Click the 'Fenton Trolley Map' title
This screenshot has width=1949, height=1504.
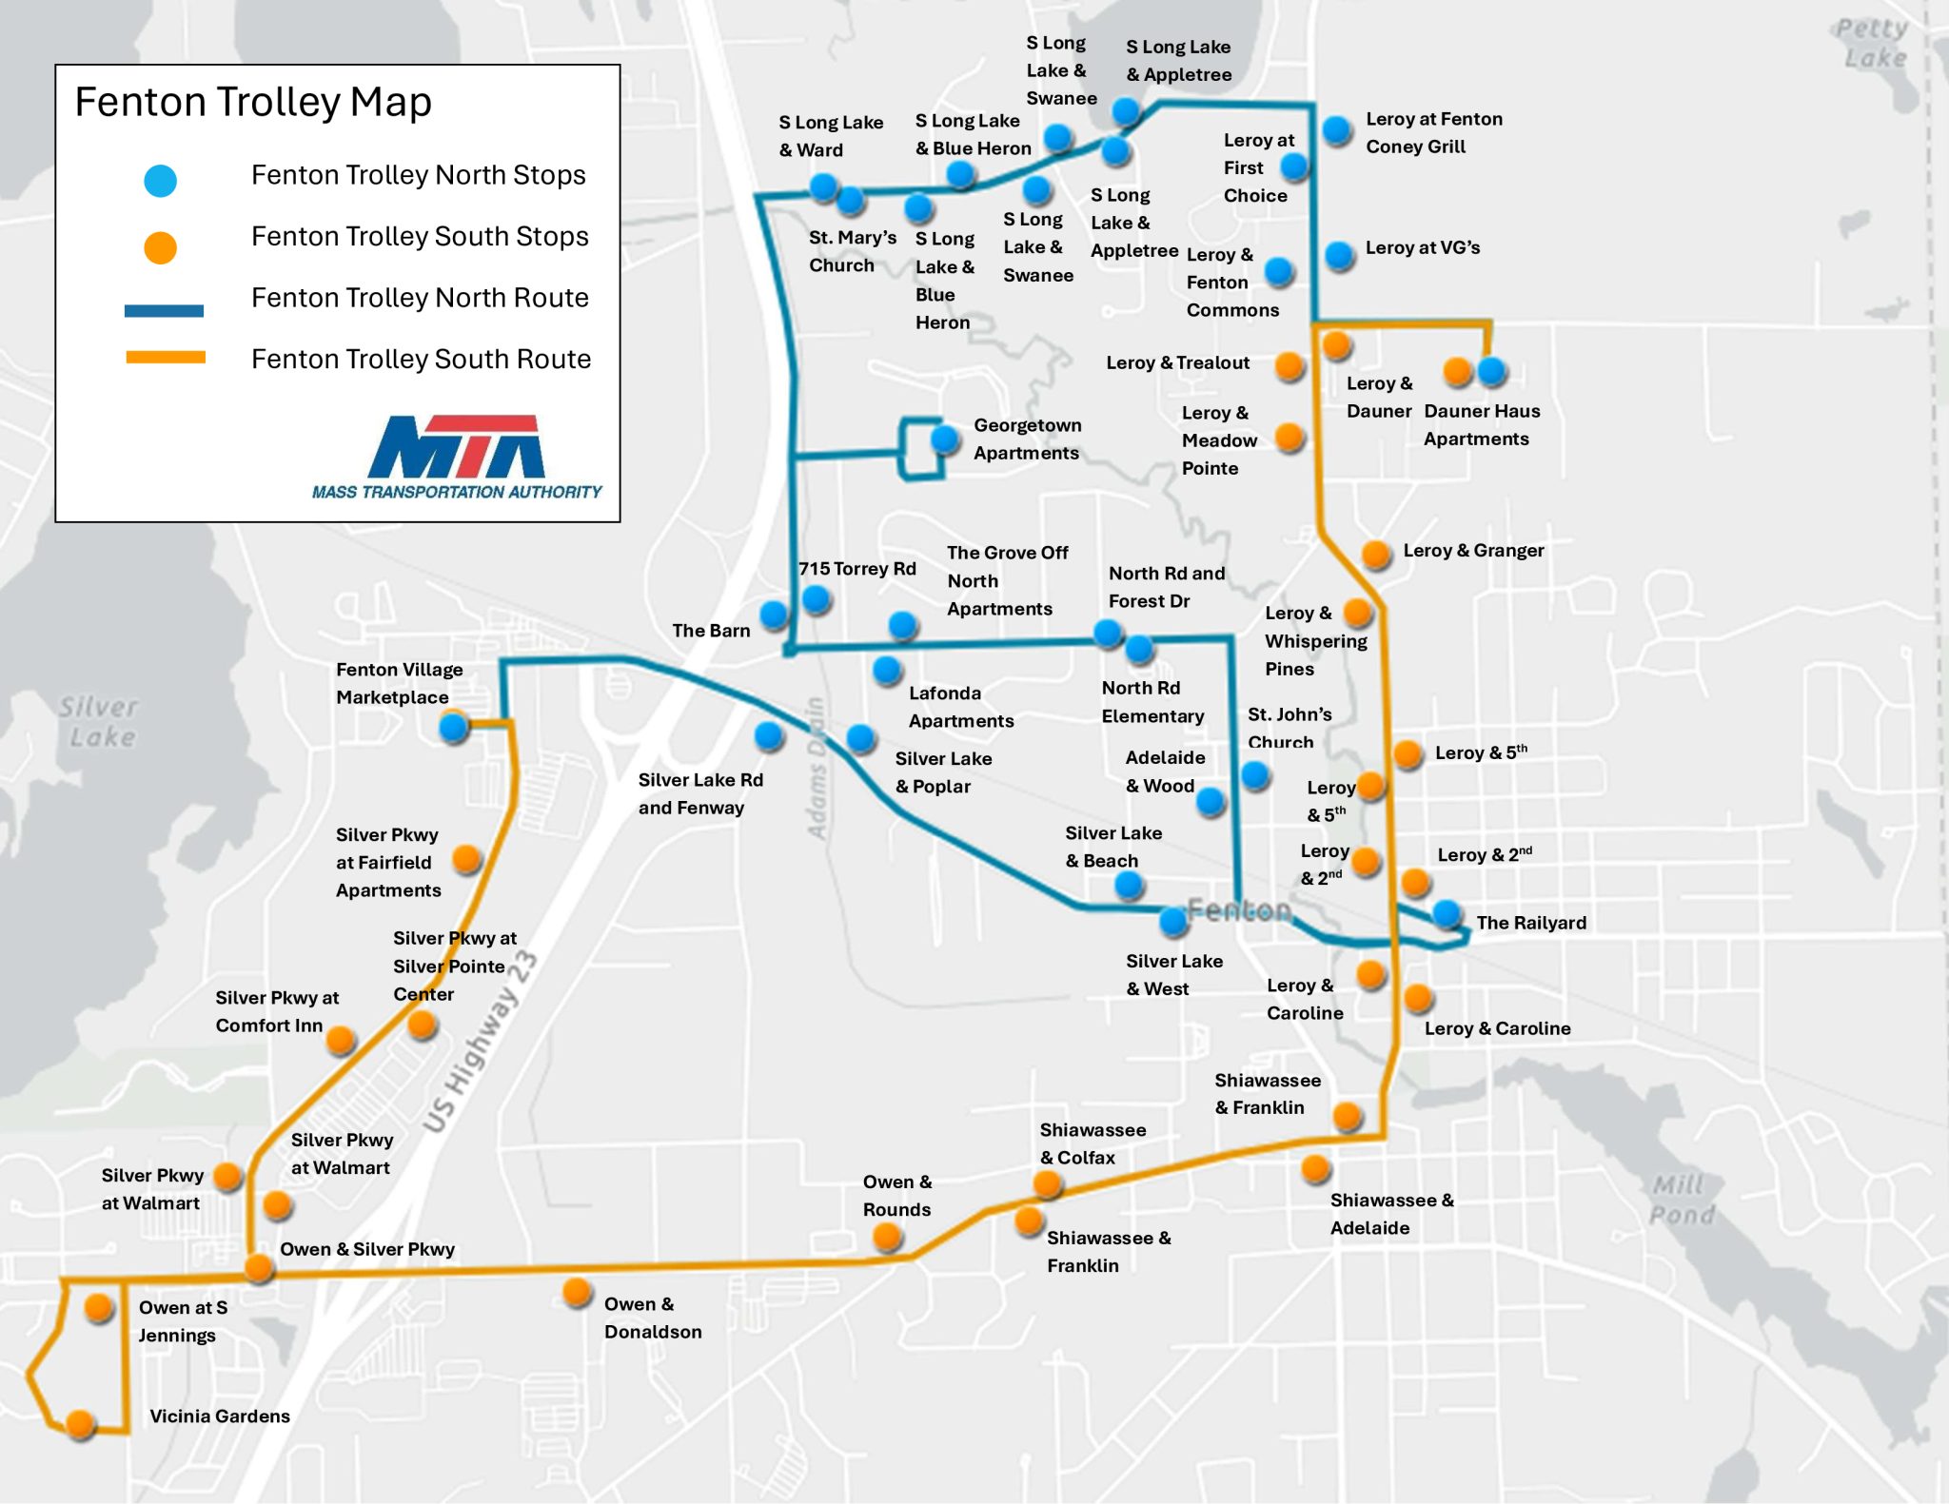pos(253,102)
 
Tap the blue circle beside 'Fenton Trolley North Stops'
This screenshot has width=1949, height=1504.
pos(160,180)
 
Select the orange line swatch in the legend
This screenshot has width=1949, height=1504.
pos(166,358)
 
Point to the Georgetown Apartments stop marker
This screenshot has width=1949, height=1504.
pos(944,439)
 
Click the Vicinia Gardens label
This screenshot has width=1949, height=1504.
pos(220,1416)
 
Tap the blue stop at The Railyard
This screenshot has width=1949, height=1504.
pos(1447,913)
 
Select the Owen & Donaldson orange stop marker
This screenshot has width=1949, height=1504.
pos(577,1292)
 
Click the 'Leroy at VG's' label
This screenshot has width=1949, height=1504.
pos(1423,247)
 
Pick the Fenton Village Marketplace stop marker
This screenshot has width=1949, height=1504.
pos(454,728)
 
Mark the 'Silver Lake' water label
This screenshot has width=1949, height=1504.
pos(99,721)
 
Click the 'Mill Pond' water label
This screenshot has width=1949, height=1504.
pos(1683,1200)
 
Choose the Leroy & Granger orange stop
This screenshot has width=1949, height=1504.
pos(1376,554)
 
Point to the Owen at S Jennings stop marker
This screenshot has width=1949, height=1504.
pos(99,1307)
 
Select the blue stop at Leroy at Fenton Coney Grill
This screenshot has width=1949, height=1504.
pos(1336,129)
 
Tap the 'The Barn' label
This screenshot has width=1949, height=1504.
pos(711,630)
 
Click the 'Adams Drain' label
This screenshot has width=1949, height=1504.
pos(816,769)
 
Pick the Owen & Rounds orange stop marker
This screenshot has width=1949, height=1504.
pos(887,1236)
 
